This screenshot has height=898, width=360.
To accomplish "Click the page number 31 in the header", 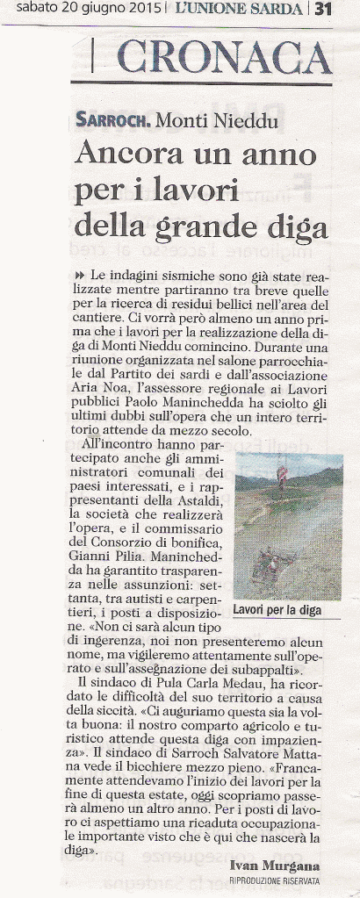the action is tap(322, 10).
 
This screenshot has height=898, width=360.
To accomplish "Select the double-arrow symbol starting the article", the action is tap(80, 275).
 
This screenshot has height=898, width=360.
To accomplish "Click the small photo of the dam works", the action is tap(287, 526).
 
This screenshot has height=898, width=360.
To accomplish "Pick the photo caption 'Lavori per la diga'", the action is tap(277, 608).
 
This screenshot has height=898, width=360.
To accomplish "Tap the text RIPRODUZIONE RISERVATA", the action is tap(274, 880).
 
